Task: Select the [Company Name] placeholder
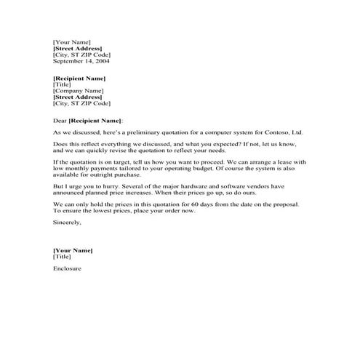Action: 76,91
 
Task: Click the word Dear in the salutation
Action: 60,119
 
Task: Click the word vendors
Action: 260,187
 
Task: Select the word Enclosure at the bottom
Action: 67,268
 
